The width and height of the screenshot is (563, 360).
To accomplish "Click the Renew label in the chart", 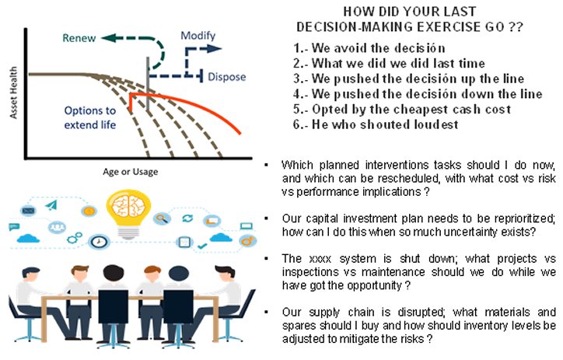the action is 79,38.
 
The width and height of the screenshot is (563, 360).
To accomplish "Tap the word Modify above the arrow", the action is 198,36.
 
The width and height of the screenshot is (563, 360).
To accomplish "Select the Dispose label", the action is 227,77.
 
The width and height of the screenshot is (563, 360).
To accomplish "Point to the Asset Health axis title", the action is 13,93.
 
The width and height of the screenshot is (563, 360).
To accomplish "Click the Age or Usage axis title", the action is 131,172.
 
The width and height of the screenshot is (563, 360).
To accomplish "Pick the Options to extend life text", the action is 90,117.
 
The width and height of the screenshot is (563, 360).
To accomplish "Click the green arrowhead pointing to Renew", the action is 108,37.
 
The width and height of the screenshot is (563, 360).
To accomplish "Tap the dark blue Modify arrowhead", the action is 215,49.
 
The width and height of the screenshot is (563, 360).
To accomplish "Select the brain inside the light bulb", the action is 128,207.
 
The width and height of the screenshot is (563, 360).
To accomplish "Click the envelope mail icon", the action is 28,211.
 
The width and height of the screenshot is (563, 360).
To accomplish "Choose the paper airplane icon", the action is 51,205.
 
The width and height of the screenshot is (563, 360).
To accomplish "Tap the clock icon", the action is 99,242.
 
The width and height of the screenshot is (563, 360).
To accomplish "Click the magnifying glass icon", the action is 162,218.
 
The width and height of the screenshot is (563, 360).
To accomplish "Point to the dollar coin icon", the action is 89,211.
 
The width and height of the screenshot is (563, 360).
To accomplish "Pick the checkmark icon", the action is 202,246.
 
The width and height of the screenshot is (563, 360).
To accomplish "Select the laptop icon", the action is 247,226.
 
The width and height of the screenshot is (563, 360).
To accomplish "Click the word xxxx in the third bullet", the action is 320,259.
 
